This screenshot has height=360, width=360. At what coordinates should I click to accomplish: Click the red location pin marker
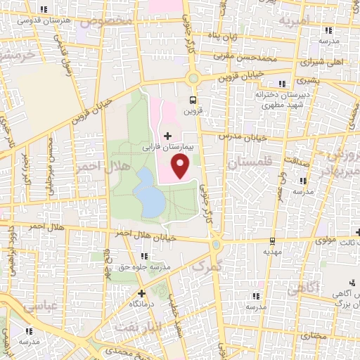point(181,167)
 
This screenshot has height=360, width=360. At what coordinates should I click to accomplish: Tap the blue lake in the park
point(150,193)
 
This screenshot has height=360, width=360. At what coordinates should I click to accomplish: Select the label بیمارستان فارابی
point(167,148)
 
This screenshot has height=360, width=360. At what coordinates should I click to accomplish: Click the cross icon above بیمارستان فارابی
point(167,135)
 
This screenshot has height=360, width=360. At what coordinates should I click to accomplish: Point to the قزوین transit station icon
point(193,100)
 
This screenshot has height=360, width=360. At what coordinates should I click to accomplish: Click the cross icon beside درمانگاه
point(142,292)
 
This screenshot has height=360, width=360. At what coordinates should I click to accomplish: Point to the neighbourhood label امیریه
point(295,22)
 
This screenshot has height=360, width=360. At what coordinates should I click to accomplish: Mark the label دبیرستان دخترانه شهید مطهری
point(264,98)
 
